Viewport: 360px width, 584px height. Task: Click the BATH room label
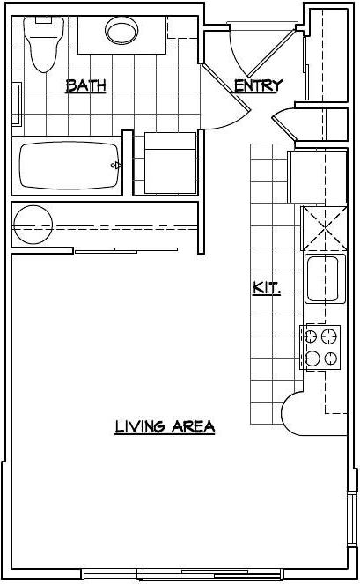(86, 85)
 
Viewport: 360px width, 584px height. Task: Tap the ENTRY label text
(258, 85)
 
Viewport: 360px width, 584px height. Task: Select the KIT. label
(267, 286)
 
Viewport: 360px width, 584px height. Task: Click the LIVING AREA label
(165, 427)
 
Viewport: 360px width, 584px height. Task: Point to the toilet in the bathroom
(41, 48)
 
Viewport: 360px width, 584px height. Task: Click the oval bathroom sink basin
(122, 33)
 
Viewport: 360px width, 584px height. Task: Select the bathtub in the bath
(68, 165)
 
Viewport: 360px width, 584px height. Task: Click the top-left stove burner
(311, 336)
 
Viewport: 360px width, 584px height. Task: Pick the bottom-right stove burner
(330, 358)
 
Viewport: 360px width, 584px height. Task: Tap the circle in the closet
(32, 220)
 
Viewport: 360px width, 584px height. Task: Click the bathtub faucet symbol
(115, 165)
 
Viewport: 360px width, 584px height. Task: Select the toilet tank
(42, 22)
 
